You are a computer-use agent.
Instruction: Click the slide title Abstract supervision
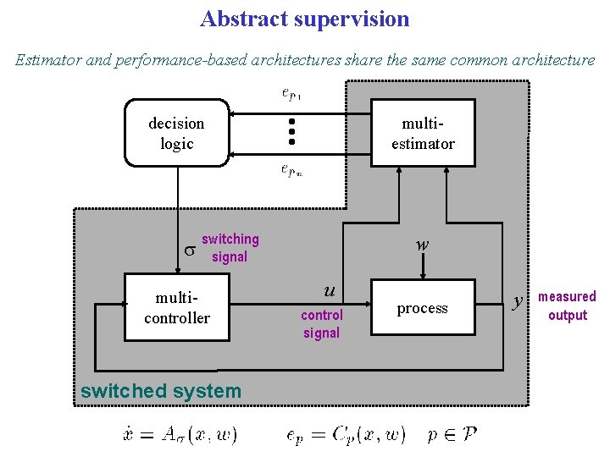tap(304, 19)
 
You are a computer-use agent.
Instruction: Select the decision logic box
tap(176, 133)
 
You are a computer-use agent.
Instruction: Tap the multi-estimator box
tap(422, 133)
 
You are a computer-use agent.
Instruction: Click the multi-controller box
tap(176, 307)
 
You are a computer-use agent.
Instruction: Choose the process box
tap(422, 308)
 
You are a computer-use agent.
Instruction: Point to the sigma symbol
tap(190, 250)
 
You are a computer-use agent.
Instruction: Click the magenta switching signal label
tap(230, 248)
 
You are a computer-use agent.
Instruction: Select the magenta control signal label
tap(321, 324)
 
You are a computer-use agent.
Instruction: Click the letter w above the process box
tap(422, 245)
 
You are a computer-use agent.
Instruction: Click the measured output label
tap(567, 306)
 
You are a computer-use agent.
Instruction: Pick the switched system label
tap(160, 391)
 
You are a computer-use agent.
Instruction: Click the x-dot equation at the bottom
tap(180, 435)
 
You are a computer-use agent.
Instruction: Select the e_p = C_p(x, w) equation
tap(346, 435)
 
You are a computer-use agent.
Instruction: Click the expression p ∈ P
tap(452, 435)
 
